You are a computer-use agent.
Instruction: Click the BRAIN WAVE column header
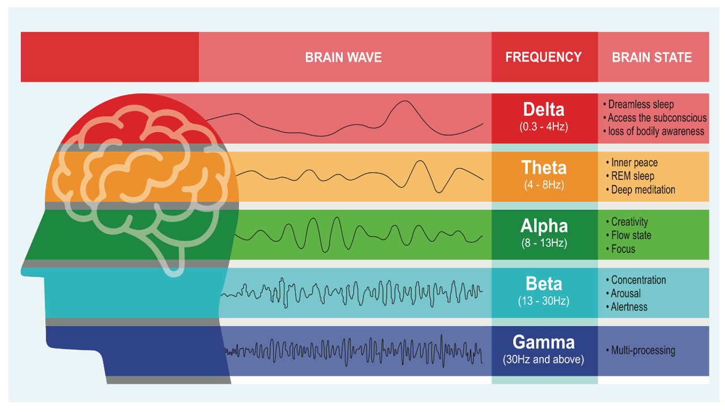343,57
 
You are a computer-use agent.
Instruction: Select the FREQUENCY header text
543,57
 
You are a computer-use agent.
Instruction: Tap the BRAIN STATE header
652,57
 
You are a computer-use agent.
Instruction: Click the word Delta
544,109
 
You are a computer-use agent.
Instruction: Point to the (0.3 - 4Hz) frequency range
544,126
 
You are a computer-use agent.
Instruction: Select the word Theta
544,168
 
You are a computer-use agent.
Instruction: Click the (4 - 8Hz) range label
544,184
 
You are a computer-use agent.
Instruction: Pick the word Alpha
544,226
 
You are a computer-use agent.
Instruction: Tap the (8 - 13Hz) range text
544,243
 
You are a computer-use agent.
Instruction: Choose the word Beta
544,284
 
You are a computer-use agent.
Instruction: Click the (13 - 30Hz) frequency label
544,301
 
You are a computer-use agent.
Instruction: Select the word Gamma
544,342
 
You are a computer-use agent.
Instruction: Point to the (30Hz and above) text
544,359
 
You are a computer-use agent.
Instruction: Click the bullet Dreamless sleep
638,105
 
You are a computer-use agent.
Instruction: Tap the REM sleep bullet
630,176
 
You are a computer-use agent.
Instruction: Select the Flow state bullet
629,235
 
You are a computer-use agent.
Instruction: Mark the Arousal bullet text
624,293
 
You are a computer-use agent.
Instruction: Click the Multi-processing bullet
641,350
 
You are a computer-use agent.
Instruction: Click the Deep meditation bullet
641,190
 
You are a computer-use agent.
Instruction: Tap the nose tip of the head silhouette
22,272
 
